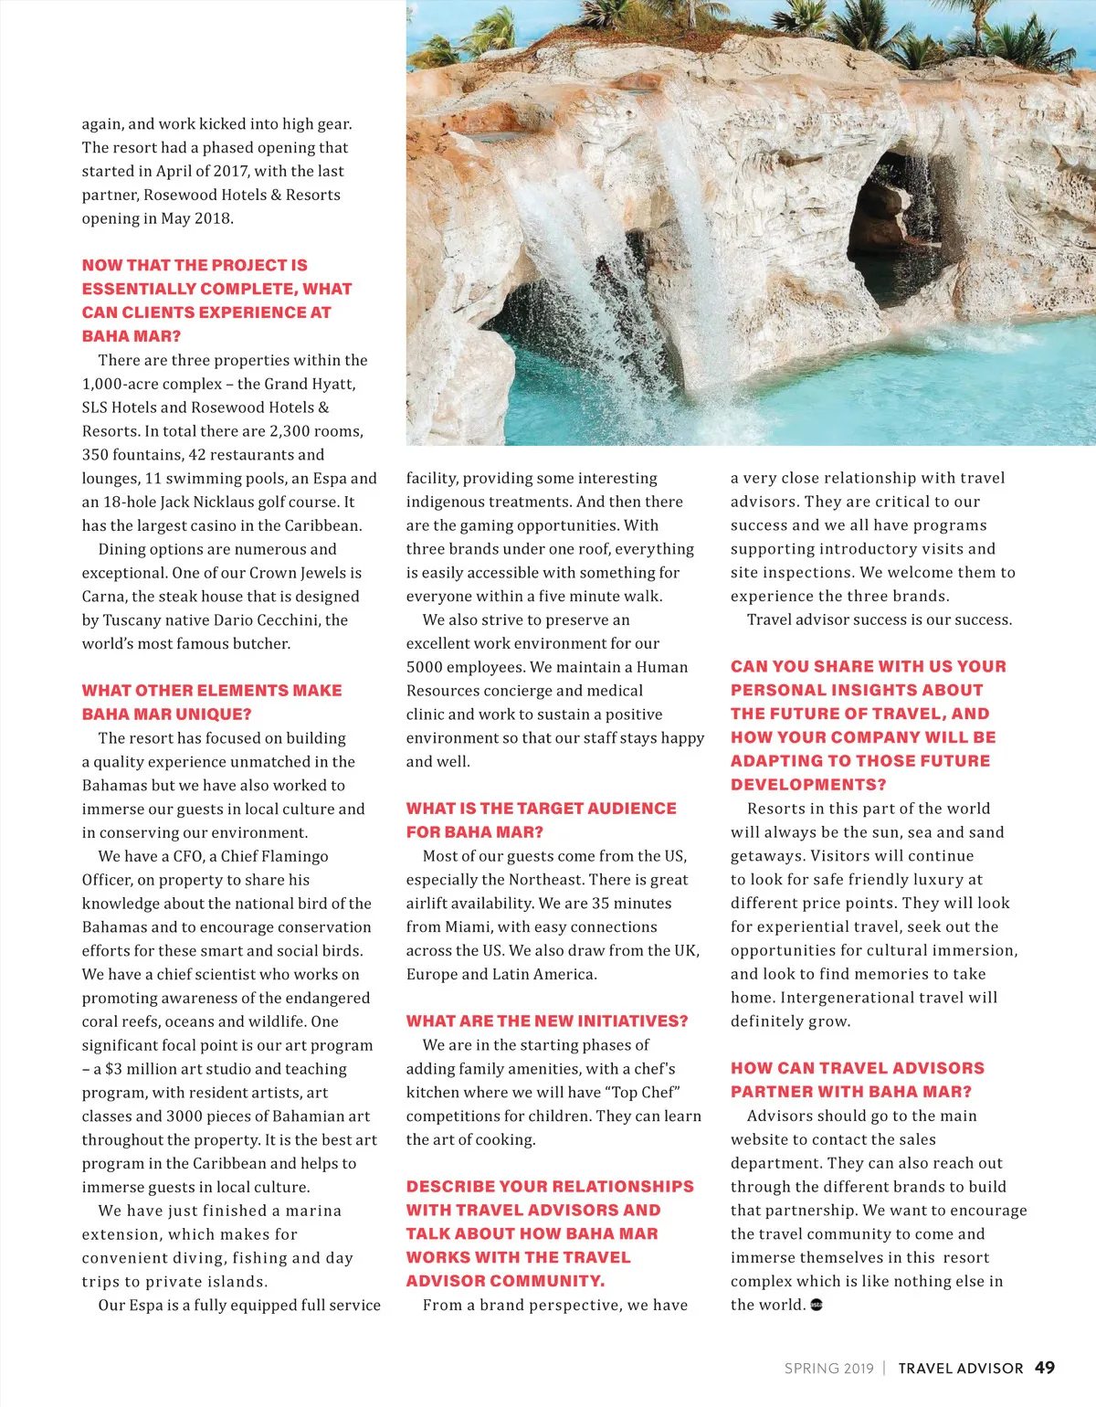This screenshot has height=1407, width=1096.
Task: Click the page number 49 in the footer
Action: pyautogui.click(x=1045, y=1368)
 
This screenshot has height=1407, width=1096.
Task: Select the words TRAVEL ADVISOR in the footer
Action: pyautogui.click(x=960, y=1369)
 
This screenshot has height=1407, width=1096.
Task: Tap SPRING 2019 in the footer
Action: pyautogui.click(x=828, y=1369)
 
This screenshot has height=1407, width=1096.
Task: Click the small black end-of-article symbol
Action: pyautogui.click(x=817, y=1305)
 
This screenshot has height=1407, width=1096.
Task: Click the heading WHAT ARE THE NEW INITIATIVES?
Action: pyautogui.click(x=547, y=1021)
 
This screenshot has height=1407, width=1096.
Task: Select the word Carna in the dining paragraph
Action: pyautogui.click(x=103, y=596)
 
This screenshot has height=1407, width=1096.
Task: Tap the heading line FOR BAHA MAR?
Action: pyautogui.click(x=474, y=832)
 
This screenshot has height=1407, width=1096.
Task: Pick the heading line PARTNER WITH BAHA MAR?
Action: pyautogui.click(x=851, y=1092)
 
